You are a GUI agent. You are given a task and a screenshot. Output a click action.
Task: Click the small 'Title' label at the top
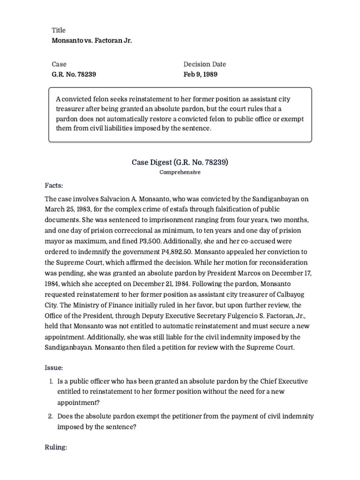pyautogui.click(x=59, y=30)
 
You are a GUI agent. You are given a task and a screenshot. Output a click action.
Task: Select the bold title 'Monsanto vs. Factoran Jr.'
pyautogui.click(x=92, y=41)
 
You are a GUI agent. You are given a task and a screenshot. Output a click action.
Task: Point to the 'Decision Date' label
pyautogui.click(x=205, y=64)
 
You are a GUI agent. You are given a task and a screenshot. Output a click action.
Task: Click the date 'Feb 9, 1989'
pyautogui.click(x=201, y=75)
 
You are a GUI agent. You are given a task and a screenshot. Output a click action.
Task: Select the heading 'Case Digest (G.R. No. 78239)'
pyautogui.click(x=180, y=163)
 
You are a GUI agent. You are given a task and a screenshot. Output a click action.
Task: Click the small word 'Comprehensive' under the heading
pyautogui.click(x=180, y=172)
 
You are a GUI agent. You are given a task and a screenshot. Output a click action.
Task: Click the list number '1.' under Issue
pyautogui.click(x=52, y=381)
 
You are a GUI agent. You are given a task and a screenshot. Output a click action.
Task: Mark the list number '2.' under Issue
pyautogui.click(x=52, y=416)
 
